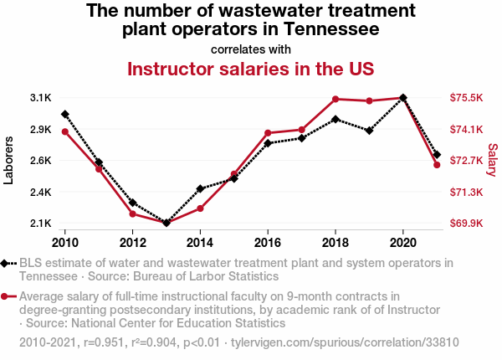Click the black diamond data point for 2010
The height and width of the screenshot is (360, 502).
(x=65, y=114)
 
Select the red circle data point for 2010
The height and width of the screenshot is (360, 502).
(x=65, y=131)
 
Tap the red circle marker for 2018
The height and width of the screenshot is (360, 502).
(x=336, y=100)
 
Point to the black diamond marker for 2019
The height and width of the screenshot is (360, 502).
(x=369, y=131)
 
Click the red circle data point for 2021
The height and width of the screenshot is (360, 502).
(x=437, y=164)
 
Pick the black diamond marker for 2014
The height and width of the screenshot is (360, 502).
(x=200, y=188)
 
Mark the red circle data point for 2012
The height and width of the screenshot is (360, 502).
(x=133, y=213)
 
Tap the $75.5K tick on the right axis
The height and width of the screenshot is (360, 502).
(x=467, y=98)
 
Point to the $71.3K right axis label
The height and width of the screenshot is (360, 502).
(x=467, y=193)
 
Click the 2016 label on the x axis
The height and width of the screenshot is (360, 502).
(x=268, y=243)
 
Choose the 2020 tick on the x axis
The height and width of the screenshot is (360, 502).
(x=403, y=243)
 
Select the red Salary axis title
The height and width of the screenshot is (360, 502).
(x=493, y=160)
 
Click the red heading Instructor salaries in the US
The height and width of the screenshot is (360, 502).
(x=250, y=68)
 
